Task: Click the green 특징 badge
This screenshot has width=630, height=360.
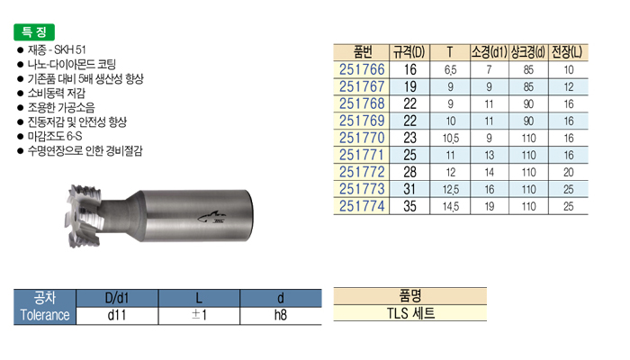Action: click(34, 32)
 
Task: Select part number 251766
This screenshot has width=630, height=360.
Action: click(362, 69)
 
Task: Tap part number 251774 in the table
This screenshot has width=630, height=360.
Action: click(362, 206)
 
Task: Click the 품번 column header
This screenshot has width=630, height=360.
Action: click(363, 52)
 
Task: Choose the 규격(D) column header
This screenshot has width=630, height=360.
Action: click(409, 52)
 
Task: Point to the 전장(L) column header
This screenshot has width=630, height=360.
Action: click(567, 52)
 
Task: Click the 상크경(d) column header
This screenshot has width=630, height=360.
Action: click(528, 52)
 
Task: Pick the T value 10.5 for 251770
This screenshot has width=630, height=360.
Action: click(450, 139)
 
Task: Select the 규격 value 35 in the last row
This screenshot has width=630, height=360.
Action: click(409, 206)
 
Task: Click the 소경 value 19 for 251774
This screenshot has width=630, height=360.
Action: click(489, 206)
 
